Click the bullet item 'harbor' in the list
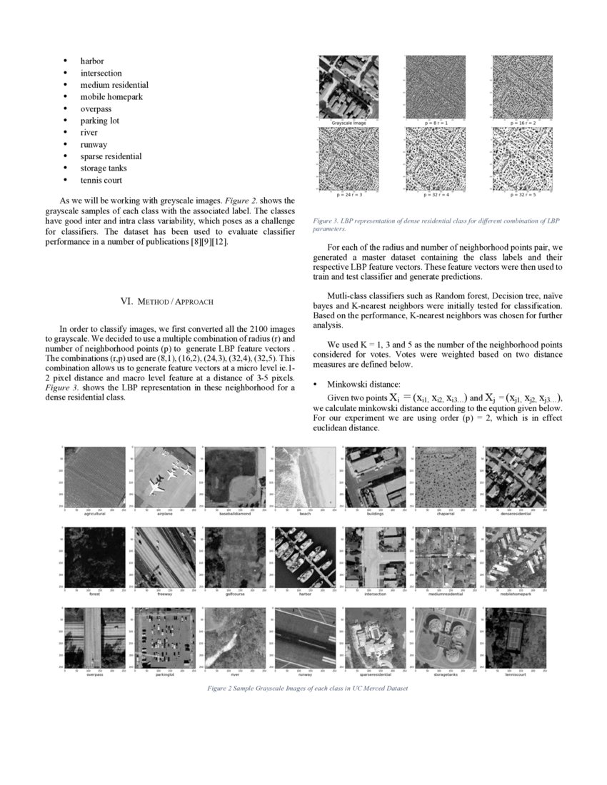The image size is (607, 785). click(91, 61)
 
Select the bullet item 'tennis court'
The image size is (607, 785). click(101, 181)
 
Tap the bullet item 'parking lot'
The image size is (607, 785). click(99, 121)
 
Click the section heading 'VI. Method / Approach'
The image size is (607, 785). click(166, 301)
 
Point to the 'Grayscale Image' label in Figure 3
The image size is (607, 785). click(348, 123)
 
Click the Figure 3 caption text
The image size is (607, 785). click(436, 225)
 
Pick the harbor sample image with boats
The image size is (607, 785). click(304, 557)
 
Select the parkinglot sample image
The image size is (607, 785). click(164, 637)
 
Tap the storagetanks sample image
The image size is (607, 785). click(445, 637)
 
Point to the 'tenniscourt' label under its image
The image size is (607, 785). click(515, 674)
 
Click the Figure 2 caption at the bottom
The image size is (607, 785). click(307, 689)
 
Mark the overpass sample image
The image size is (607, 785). click(94, 637)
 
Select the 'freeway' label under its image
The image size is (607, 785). click(165, 594)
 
